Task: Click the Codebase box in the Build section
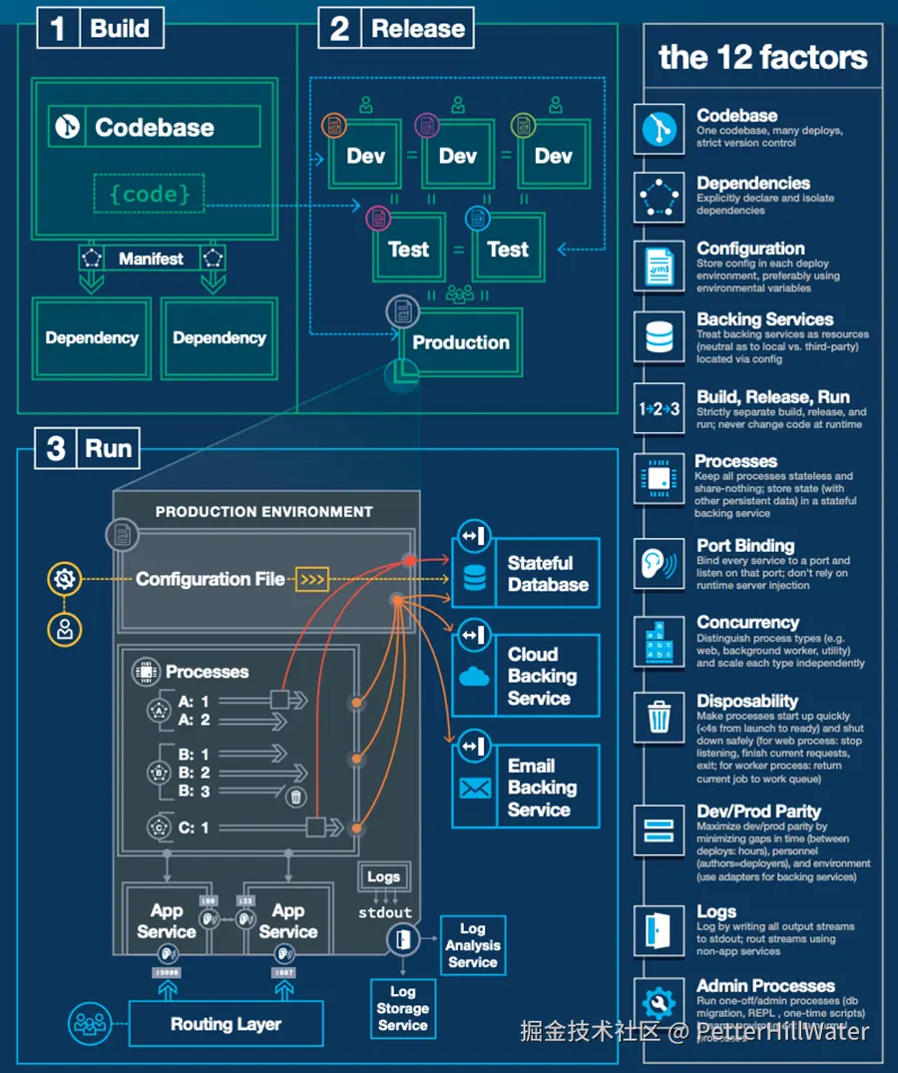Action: click(x=155, y=127)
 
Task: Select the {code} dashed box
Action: click(x=150, y=193)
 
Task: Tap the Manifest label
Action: click(x=151, y=259)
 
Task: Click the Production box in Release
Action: click(x=460, y=342)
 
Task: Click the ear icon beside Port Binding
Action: click(x=659, y=565)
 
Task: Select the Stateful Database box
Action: click(x=526, y=574)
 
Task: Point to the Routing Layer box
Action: click(x=225, y=1024)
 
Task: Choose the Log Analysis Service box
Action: click(x=472, y=945)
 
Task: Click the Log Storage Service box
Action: click(x=403, y=1008)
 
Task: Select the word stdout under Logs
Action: click(x=385, y=911)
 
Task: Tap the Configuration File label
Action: click(x=210, y=579)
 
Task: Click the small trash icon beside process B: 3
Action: click(x=295, y=796)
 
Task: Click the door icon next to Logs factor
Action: click(x=659, y=929)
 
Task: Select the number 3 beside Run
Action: click(x=56, y=448)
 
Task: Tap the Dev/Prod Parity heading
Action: click(x=758, y=811)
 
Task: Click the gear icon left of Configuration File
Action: click(x=65, y=578)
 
